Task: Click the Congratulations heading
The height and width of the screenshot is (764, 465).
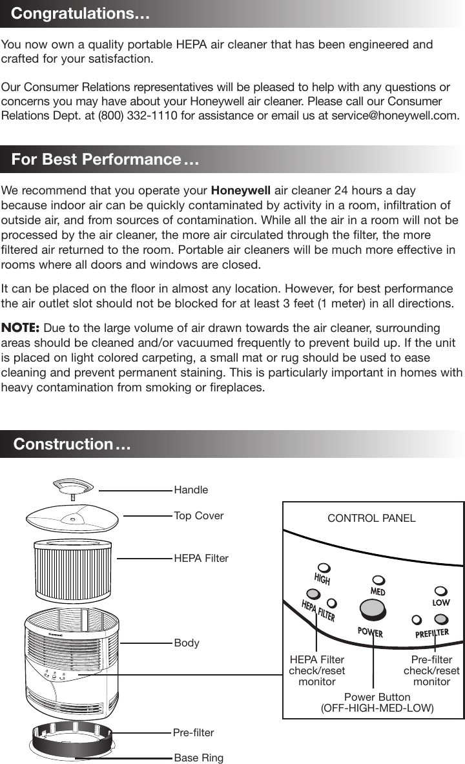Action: click(x=81, y=14)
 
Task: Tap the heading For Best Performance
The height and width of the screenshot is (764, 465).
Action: click(x=105, y=160)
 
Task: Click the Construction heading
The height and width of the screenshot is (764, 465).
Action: click(x=72, y=444)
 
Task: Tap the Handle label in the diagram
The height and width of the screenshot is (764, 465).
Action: click(x=191, y=490)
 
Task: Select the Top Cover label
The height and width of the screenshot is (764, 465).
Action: click(x=199, y=515)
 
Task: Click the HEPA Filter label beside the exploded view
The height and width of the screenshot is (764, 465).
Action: click(x=201, y=558)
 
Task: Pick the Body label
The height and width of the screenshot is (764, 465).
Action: click(x=187, y=643)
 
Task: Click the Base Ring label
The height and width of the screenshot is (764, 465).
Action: click(x=199, y=758)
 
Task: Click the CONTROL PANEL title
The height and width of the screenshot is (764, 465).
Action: click(x=371, y=518)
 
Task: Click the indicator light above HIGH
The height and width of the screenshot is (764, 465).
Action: click(x=324, y=568)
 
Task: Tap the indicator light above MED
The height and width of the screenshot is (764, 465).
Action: click(x=379, y=581)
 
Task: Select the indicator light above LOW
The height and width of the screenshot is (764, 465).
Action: click(x=441, y=591)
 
